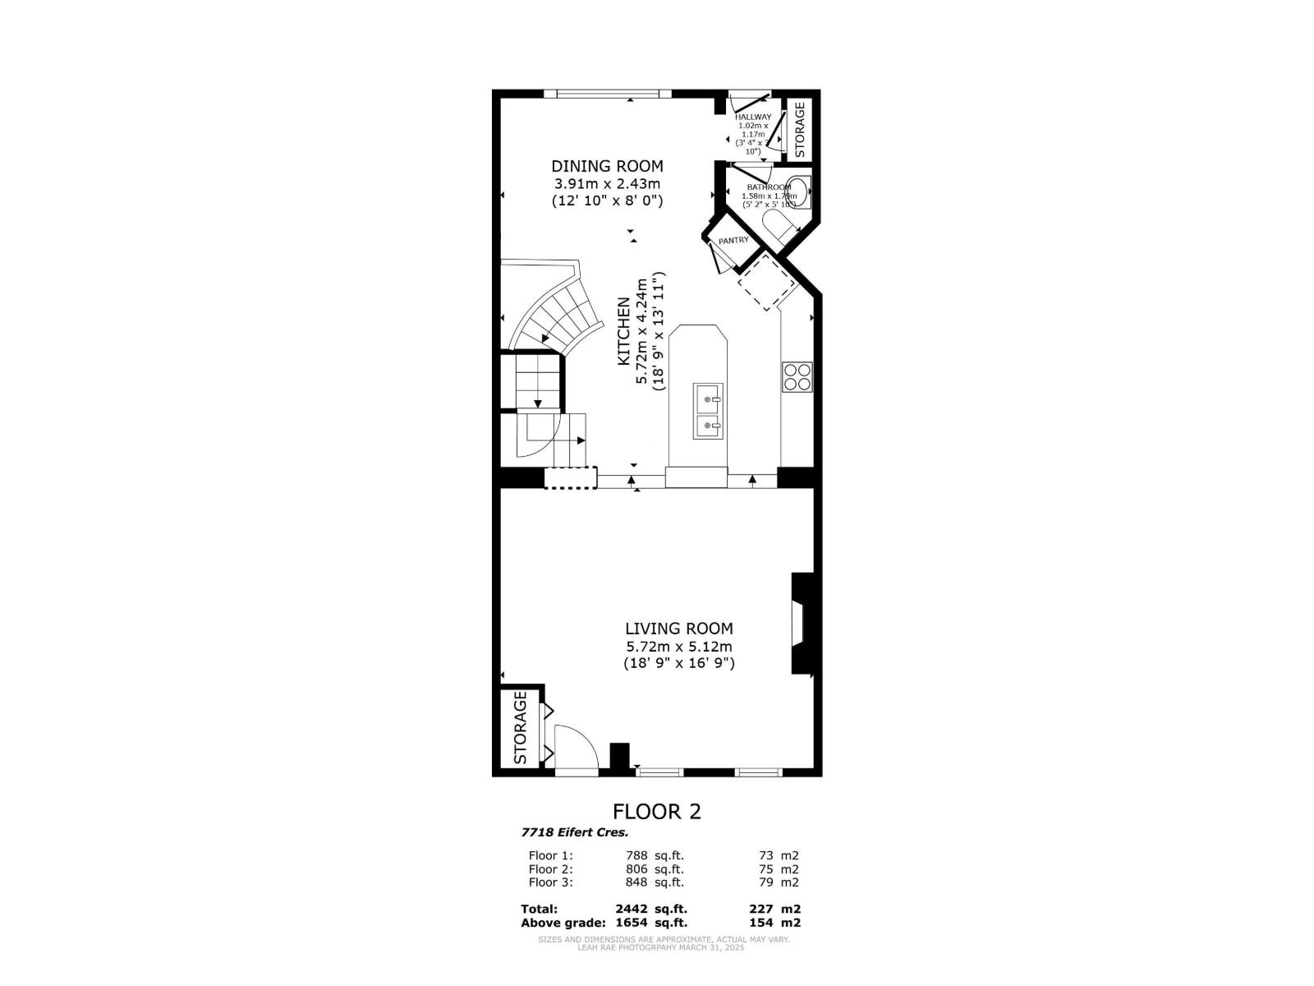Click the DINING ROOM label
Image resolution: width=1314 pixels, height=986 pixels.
607,166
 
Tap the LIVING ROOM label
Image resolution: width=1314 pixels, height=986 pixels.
678,629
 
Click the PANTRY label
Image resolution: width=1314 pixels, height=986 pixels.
733,241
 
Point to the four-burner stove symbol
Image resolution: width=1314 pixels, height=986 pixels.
797,376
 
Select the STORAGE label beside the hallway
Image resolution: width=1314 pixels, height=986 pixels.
800,123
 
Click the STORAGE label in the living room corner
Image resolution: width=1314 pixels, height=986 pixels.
520,727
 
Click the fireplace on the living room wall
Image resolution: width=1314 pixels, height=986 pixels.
800,624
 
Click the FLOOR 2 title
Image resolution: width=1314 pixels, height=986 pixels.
657,812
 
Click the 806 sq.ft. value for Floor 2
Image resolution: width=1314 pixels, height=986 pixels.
654,869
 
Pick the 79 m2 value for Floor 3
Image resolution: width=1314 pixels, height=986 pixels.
779,882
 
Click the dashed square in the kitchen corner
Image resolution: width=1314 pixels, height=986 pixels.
767,282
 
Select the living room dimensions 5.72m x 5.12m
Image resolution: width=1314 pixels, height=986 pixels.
678,647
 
